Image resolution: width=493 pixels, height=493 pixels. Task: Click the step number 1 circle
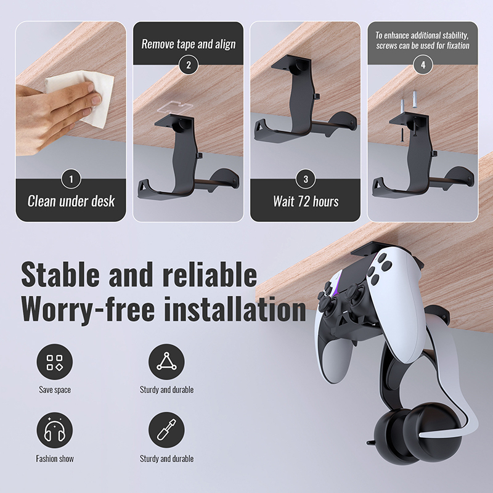point(71,179)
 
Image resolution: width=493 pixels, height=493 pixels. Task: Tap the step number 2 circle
point(189,65)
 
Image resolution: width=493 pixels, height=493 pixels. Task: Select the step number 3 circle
point(306,179)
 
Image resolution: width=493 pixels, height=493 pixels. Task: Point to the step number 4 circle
point(423,65)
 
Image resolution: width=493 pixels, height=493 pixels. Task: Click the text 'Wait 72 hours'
point(306,202)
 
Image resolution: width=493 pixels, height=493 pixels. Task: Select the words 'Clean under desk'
point(71,202)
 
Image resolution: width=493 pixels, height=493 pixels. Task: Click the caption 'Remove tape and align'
point(189,44)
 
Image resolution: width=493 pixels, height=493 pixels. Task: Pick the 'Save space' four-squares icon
point(55,362)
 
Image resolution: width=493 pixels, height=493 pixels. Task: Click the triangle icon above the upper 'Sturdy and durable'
point(166,362)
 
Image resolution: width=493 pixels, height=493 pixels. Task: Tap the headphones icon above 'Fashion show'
point(55,430)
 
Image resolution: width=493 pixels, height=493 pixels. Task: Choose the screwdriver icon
point(166,430)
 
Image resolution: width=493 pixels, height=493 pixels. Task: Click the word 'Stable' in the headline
point(60,274)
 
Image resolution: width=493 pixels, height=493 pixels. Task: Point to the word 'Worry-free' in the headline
point(88,309)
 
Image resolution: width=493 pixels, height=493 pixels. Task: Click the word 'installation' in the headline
point(235,309)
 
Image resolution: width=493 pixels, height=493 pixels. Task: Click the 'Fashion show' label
point(55,458)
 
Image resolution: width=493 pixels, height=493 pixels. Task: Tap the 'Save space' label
point(55,390)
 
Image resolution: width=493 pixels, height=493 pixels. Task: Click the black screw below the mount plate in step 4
point(402,136)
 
